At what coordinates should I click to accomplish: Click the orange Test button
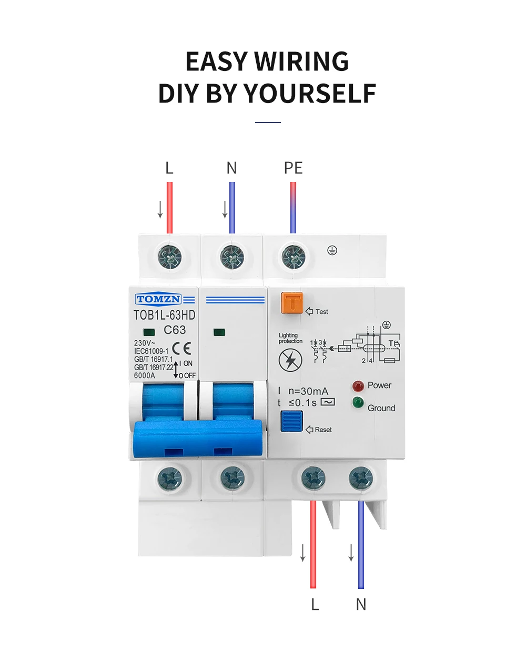pos(292,303)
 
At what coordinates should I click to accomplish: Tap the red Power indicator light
pos(358,386)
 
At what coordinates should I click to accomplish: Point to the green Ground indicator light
pos(358,403)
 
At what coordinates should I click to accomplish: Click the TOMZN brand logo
pos(158,300)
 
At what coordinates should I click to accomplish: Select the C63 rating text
pos(175,330)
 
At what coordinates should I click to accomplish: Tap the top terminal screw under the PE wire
pos(294,257)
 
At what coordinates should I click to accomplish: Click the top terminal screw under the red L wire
pos(170,257)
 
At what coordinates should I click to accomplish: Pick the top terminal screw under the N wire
pos(232,257)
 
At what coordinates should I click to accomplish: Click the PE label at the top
pos(293,168)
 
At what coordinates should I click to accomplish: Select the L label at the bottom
pos(315,604)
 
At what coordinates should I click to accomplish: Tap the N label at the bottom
pos(361,604)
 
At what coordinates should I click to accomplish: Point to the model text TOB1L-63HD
pos(164,315)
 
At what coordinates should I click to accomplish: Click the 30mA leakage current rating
pos(308,391)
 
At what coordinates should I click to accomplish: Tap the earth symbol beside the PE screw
pos(332,250)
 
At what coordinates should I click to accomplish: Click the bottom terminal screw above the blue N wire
pos(361,479)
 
